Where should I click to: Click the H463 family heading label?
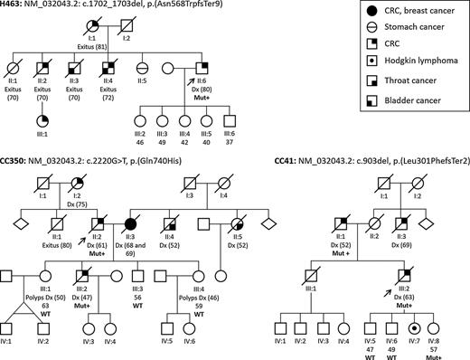[x=14, y=6]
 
